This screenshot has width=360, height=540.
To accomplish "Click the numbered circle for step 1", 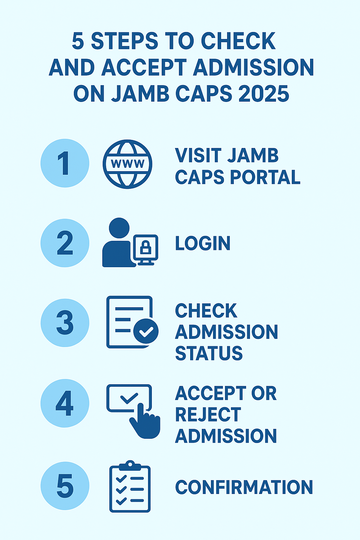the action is pyautogui.click(x=65, y=163).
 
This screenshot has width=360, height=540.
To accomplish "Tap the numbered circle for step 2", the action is pyautogui.click(x=65, y=243).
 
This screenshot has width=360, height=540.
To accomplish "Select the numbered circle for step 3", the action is pyautogui.click(x=65, y=323).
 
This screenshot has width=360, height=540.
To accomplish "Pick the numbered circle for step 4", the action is pyautogui.click(x=65, y=403).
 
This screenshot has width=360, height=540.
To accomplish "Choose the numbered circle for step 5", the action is pyautogui.click(x=65, y=486).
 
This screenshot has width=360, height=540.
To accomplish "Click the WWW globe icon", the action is pyautogui.click(x=127, y=164).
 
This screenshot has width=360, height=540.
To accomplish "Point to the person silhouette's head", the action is pyautogui.click(x=119, y=228).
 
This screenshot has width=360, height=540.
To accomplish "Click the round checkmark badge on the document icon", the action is pyautogui.click(x=146, y=331).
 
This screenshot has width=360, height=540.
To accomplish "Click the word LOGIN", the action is pyautogui.click(x=202, y=243).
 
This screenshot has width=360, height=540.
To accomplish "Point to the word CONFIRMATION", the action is pyautogui.click(x=244, y=487).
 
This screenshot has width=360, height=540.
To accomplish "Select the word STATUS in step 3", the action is pyautogui.click(x=209, y=353).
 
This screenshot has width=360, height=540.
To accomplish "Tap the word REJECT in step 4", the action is pyautogui.click(x=208, y=415).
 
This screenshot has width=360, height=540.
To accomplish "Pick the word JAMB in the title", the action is pyautogui.click(x=140, y=94).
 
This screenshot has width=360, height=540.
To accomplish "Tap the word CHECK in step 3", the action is pyautogui.click(x=206, y=311).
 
